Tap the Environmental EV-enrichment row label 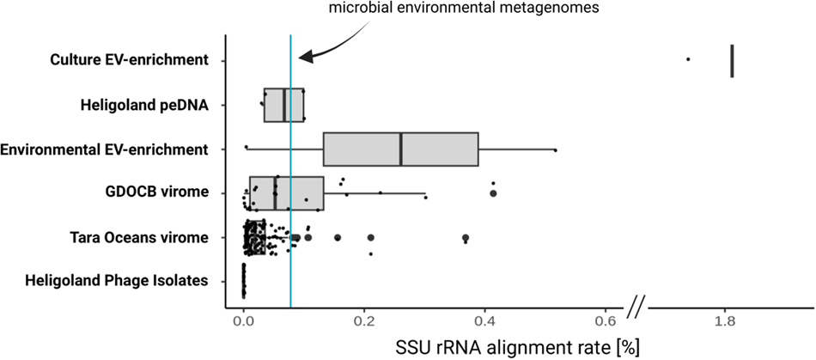(x=106, y=149)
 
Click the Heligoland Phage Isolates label (x=118, y=280)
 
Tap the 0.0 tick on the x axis (x=243, y=321)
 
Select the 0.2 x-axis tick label (x=364, y=321)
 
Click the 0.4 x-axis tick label (x=485, y=321)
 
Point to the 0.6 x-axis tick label (x=606, y=321)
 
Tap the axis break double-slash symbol (x=637, y=302)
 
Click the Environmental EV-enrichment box (x=400, y=149)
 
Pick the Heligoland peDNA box (x=283, y=105)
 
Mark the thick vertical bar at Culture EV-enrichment (x=732, y=60)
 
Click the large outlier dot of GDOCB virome (x=493, y=194)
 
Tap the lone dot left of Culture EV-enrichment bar (x=688, y=59)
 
